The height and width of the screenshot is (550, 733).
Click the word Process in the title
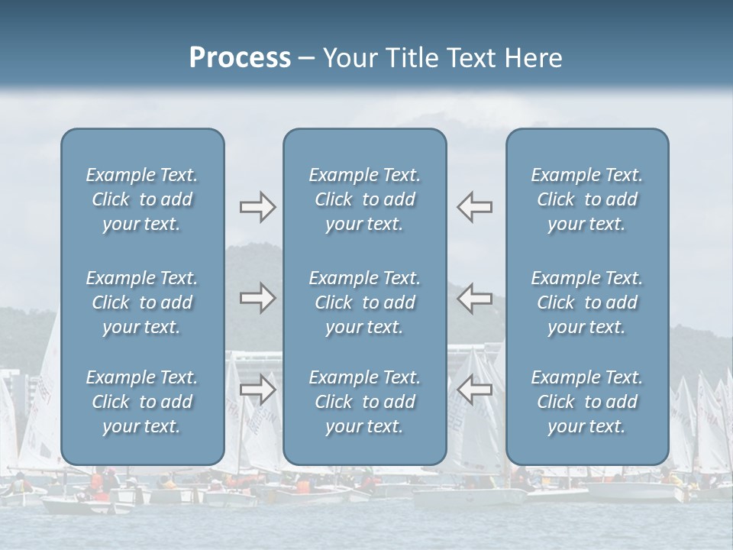240,58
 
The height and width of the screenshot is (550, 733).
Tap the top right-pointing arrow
257,207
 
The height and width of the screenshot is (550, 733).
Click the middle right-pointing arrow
257,298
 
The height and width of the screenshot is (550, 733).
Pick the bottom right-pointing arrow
257,390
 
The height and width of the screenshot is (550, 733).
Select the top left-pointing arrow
474,207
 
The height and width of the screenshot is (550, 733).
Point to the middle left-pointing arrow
474,298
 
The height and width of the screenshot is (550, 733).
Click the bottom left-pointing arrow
474,390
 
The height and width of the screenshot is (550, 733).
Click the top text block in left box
142,199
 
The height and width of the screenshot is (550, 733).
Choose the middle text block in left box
142,302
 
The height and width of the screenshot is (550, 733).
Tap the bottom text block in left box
142,402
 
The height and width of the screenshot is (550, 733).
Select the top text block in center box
365,199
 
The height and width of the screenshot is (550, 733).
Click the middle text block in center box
365,302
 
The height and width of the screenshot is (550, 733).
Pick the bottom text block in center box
365,402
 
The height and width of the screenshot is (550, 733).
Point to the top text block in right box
587,199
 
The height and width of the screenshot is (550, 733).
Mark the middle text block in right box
587,302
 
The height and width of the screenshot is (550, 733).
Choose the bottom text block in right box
587,402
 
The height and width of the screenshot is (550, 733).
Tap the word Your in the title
348,58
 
